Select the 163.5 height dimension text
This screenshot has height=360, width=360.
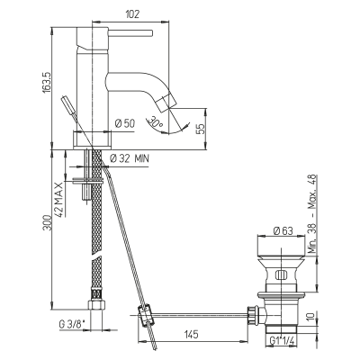tap(48, 83)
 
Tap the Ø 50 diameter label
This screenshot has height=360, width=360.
tap(125, 123)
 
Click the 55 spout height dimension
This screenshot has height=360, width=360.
tap(201, 129)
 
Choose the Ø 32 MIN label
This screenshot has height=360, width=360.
tap(130, 158)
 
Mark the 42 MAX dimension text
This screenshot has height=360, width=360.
tap(59, 199)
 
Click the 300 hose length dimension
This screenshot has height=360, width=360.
tap(48, 222)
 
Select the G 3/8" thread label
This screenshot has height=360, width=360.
tap(72, 324)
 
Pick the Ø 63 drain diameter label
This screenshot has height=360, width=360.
tap(283, 231)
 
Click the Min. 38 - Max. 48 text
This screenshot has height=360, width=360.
tap(312, 214)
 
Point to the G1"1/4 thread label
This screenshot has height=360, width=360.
tap(282, 341)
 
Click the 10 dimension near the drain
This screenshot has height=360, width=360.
tap(312, 317)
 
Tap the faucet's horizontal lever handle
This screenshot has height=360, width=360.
tap(130, 32)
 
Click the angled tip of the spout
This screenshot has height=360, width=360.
tap(164, 103)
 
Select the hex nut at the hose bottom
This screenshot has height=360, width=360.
tap(97, 304)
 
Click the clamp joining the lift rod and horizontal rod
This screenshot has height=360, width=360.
tap(146, 315)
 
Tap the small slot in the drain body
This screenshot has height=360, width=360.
tap(281, 274)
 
